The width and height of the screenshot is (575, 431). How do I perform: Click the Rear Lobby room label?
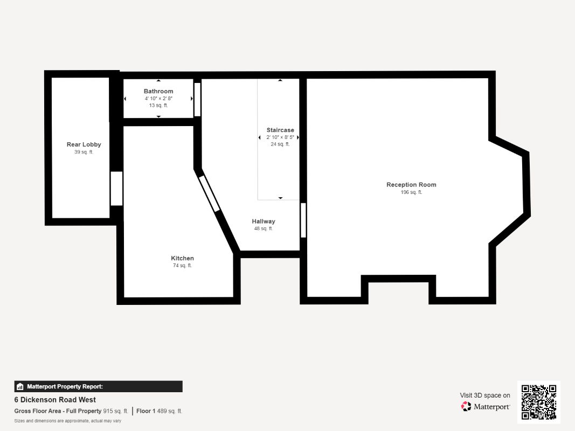click(x=84, y=144)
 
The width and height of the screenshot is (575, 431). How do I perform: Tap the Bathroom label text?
click(x=158, y=91)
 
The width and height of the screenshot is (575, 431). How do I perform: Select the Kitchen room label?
click(x=182, y=258)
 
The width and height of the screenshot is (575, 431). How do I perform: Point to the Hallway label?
click(x=264, y=221)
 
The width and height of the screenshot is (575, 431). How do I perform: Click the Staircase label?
click(x=280, y=130)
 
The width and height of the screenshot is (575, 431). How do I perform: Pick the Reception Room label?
click(x=412, y=185)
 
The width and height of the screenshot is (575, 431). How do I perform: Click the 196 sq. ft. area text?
click(x=412, y=192)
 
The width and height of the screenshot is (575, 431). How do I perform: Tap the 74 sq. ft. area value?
click(x=182, y=266)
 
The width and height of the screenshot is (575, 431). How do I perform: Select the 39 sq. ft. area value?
click(x=84, y=152)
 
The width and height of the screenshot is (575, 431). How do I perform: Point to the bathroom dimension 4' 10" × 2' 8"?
click(x=158, y=99)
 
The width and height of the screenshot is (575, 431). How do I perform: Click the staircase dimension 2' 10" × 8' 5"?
click(x=280, y=137)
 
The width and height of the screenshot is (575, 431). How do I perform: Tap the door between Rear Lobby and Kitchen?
click(x=116, y=189)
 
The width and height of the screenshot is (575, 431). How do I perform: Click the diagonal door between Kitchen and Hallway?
click(x=209, y=193)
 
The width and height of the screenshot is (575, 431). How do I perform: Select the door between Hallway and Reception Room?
click(x=303, y=220)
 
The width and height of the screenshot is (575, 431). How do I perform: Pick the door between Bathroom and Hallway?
click(x=197, y=100)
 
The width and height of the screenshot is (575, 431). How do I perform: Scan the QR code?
click(x=539, y=402)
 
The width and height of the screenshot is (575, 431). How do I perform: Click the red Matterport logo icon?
click(x=466, y=406)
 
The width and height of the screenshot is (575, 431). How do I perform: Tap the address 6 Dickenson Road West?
click(x=55, y=400)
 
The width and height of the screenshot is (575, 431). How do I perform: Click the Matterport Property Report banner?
click(x=98, y=387)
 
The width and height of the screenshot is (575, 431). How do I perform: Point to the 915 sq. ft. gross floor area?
click(x=115, y=411)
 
